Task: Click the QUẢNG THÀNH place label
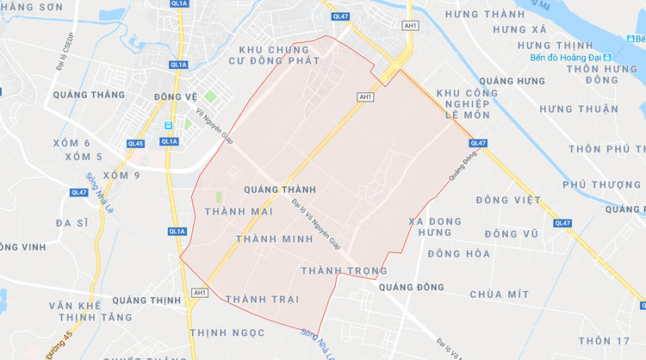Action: point(280,189)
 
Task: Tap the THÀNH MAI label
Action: point(239,212)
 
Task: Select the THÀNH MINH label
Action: point(273,238)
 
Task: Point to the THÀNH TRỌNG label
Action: point(344,270)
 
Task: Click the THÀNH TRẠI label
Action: point(262,299)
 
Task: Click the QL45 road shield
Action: point(135,144)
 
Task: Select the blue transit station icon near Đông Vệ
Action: point(168,126)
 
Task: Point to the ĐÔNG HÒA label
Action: point(458,254)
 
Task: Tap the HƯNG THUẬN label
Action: point(579,109)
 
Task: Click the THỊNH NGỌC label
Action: point(229,332)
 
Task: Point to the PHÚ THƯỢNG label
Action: point(602,184)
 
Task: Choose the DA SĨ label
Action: point(72,222)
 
